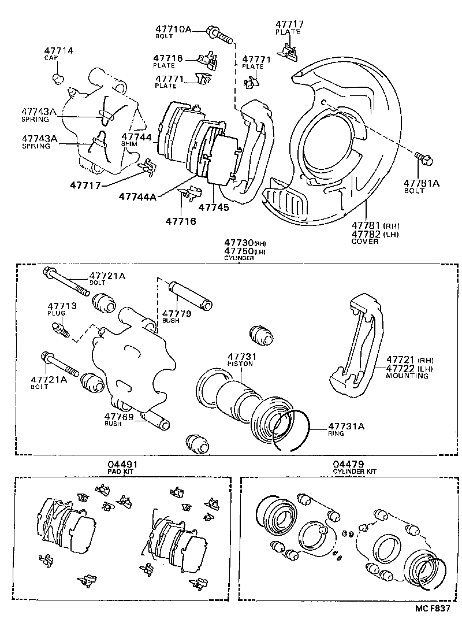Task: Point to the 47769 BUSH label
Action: point(120,420)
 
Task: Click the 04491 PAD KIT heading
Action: point(122,467)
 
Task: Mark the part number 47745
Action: point(213,206)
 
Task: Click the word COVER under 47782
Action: point(365,241)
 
